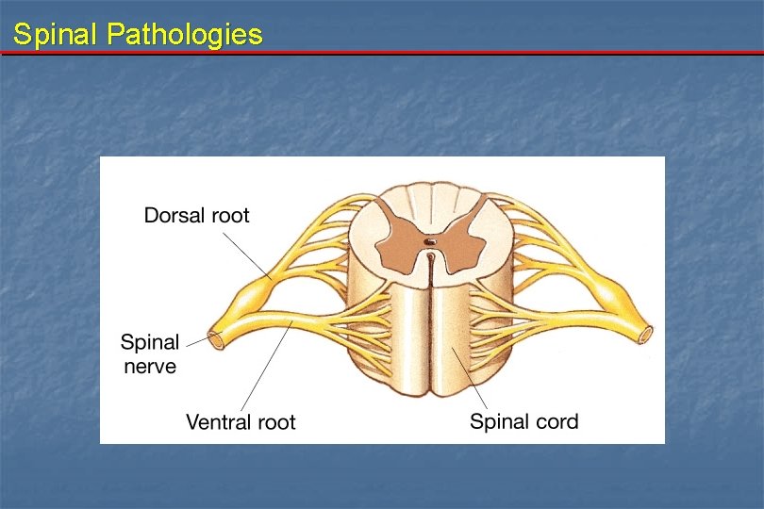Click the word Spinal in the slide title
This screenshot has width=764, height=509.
tap(56, 35)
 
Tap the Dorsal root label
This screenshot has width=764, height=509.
tap(196, 215)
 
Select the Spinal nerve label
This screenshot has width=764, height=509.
tap(150, 353)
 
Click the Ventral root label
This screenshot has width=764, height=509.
tap(241, 422)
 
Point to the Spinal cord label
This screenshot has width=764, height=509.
tap(523, 421)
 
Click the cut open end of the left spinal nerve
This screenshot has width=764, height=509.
tap(216, 338)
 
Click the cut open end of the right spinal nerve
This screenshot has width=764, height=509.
tap(646, 333)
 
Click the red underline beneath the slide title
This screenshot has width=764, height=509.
tap(382, 53)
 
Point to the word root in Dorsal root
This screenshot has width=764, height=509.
tap(229, 215)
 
